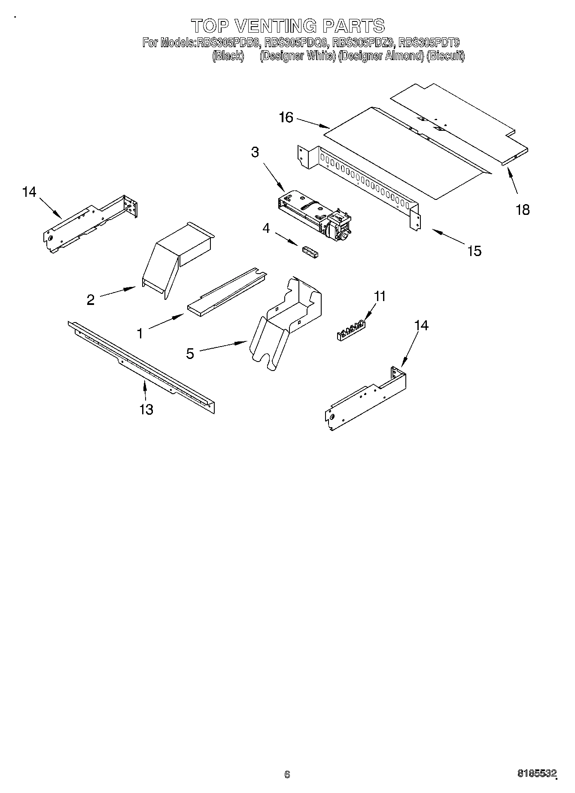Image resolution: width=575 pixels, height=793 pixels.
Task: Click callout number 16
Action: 286,117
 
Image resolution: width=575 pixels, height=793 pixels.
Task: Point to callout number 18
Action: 523,210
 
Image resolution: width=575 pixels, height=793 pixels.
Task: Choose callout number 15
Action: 474,251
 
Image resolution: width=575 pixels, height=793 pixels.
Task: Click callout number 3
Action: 255,152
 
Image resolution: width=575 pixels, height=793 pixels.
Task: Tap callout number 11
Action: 380,296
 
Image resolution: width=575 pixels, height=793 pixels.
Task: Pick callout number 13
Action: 146,410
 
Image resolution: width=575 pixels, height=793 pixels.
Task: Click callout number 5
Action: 190,353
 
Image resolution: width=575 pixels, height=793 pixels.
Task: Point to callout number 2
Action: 91,300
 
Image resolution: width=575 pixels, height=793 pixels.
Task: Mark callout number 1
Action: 140,333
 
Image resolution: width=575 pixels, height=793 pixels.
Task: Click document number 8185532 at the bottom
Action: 536,774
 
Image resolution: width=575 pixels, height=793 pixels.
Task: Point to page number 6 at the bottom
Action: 287,775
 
